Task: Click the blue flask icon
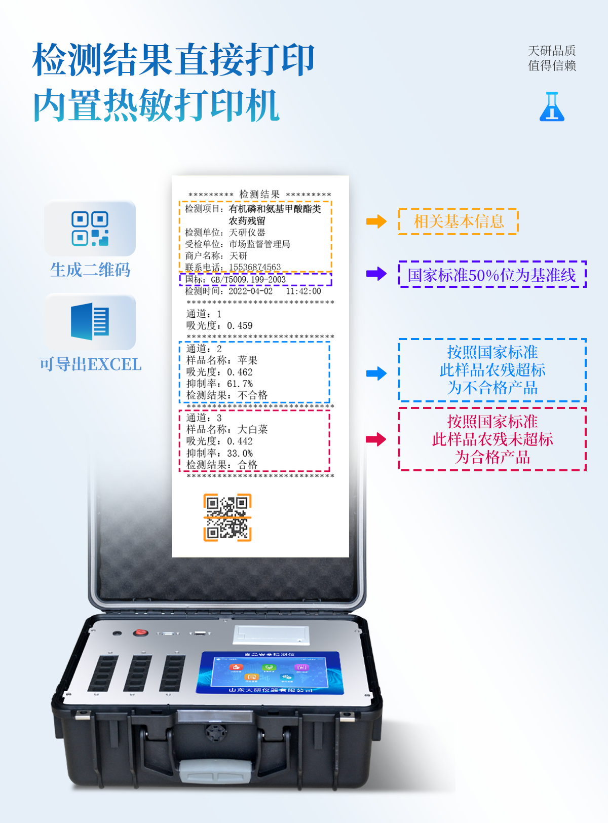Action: (x=552, y=107)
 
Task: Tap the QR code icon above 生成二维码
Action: (x=90, y=229)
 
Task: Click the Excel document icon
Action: (x=90, y=321)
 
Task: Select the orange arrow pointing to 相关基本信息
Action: (x=376, y=221)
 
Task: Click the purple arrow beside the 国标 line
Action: (x=376, y=274)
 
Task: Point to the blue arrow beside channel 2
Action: (x=376, y=373)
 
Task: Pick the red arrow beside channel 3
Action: (x=376, y=439)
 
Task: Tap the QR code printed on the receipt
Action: (x=227, y=517)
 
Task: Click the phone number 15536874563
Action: (x=255, y=267)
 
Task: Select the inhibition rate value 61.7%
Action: (x=240, y=384)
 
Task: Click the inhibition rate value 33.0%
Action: (x=240, y=453)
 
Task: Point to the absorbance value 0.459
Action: (x=240, y=325)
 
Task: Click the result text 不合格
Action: (x=252, y=395)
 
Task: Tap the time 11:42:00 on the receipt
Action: (x=303, y=291)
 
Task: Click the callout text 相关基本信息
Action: (x=459, y=221)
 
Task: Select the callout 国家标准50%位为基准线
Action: (x=491, y=275)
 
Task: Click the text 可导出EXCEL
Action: (x=90, y=364)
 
